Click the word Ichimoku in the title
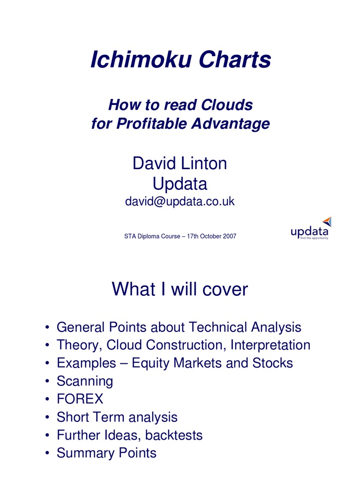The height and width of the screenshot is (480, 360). (x=140, y=60)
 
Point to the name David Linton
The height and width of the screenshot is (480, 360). (x=180, y=164)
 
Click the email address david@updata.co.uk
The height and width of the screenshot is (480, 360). (x=180, y=202)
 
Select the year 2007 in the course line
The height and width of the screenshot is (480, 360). (x=229, y=236)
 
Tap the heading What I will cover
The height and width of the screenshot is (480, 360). (x=180, y=290)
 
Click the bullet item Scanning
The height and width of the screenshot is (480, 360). (x=85, y=381)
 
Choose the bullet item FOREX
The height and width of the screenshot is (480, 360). (x=80, y=399)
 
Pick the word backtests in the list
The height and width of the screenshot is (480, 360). (x=174, y=435)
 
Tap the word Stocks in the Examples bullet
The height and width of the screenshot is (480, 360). (x=273, y=363)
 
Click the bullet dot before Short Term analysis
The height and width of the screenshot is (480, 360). (x=48, y=418)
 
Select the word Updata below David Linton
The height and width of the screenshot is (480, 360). (x=180, y=184)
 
